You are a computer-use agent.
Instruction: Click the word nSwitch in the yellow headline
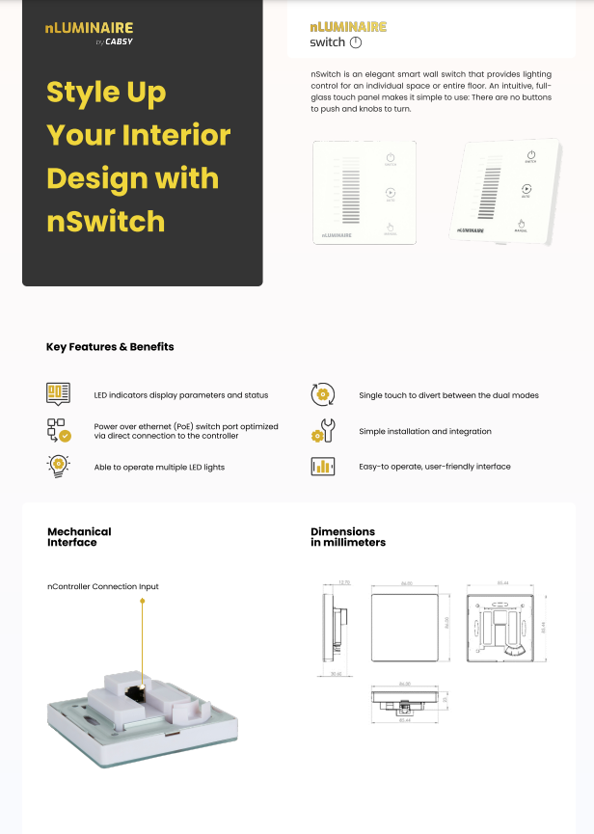point(106,222)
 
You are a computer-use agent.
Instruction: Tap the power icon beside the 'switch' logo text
point(355,42)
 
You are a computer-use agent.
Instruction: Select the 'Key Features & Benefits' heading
point(110,347)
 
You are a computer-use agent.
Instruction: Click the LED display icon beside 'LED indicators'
point(58,394)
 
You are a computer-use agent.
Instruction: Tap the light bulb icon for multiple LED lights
point(58,466)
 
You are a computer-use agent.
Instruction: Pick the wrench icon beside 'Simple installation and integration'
point(322,431)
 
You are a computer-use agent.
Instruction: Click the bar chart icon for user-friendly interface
point(322,467)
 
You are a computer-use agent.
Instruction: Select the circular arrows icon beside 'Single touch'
point(322,395)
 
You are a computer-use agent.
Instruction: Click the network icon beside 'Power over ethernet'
point(58,430)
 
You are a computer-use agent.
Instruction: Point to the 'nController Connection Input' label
point(103,586)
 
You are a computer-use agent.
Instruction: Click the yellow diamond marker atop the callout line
point(143,602)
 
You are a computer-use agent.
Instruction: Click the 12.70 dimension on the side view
point(344,583)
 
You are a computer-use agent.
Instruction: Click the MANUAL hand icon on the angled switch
point(520,225)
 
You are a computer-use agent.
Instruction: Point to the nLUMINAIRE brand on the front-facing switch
point(337,234)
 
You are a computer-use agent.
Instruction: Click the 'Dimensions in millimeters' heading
point(348,537)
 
